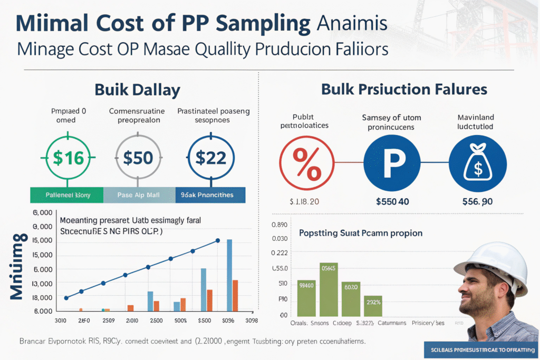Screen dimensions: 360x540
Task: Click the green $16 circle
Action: (x=66, y=158)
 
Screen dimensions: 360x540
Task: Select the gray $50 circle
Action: (x=137, y=158)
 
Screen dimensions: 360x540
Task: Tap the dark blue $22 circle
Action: (x=210, y=158)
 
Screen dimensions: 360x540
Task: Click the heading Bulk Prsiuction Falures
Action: (x=404, y=89)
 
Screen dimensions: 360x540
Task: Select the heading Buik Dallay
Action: (x=138, y=89)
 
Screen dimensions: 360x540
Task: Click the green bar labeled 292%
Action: (x=373, y=306)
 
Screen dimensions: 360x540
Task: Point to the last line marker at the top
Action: (x=218, y=241)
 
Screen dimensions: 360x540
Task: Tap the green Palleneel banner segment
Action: (x=67, y=195)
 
